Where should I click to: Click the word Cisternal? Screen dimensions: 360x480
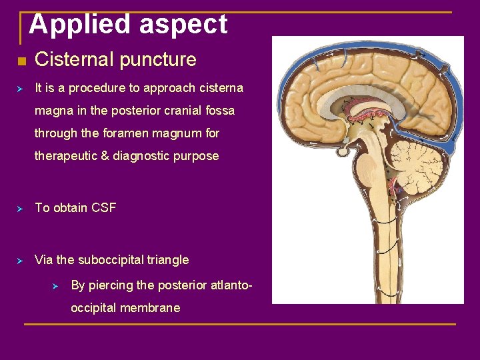coord(73,60)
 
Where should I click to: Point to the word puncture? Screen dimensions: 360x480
coord(157,60)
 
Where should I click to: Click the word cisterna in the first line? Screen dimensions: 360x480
coord(219,88)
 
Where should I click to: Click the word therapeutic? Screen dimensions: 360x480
coord(67,156)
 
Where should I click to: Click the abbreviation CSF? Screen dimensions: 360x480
coord(103,208)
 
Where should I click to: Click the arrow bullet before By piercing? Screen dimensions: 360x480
coord(56,286)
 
